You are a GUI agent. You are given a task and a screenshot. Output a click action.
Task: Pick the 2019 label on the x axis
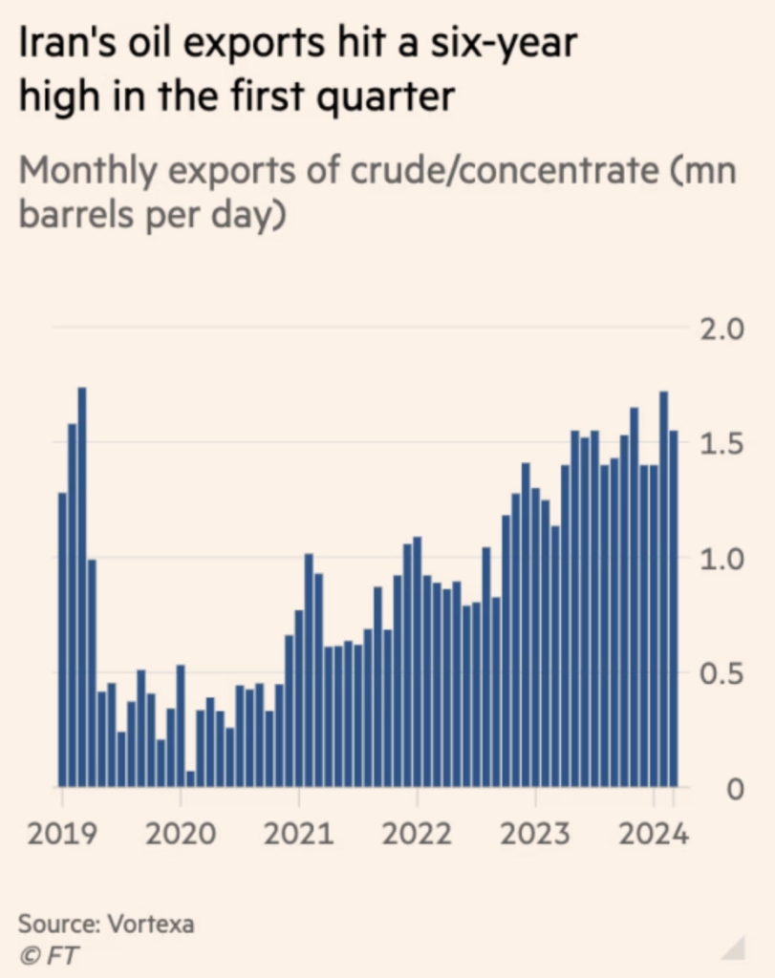63,835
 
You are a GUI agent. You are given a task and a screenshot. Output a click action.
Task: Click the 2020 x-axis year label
182,835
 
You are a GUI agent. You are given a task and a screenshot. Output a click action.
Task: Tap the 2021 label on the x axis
300,835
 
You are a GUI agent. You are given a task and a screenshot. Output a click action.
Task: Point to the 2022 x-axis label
418,835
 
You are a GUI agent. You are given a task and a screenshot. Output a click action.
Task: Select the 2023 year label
536,835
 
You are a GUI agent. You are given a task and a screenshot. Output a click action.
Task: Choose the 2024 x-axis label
654,835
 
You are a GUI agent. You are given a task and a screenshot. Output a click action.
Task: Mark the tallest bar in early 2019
82,586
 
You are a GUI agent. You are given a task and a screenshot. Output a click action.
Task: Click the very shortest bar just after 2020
191,778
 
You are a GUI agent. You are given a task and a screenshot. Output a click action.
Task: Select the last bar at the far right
673,608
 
